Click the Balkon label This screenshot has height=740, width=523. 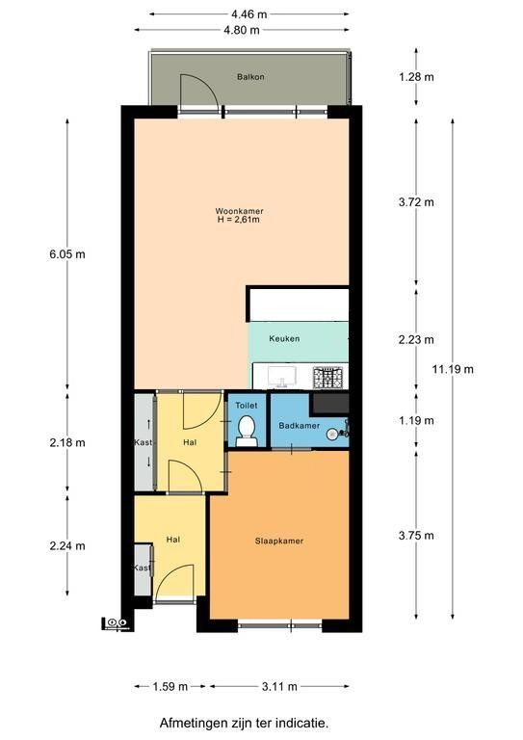tap(250, 77)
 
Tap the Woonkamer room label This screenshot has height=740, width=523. tap(239, 211)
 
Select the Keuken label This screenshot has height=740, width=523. tap(284, 338)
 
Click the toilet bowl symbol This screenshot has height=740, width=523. tap(247, 431)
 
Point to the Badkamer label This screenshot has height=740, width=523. tap(299, 426)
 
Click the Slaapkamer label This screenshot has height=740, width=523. tap(279, 541)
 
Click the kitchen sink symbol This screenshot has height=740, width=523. tap(282, 377)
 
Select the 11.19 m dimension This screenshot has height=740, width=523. tap(453, 369)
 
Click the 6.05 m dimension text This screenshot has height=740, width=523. tap(67, 254)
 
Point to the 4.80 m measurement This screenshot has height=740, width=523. tap(242, 30)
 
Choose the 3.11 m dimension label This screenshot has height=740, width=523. tap(279, 686)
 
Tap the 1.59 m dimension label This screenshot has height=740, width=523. tap(170, 686)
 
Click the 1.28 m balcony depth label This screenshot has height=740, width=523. tap(416, 77)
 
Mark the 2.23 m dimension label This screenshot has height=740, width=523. tap(416, 339)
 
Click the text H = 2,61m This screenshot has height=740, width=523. tap(239, 220)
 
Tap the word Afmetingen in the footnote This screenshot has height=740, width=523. tap(189, 723)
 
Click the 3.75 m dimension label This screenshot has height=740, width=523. tap(416, 536)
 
